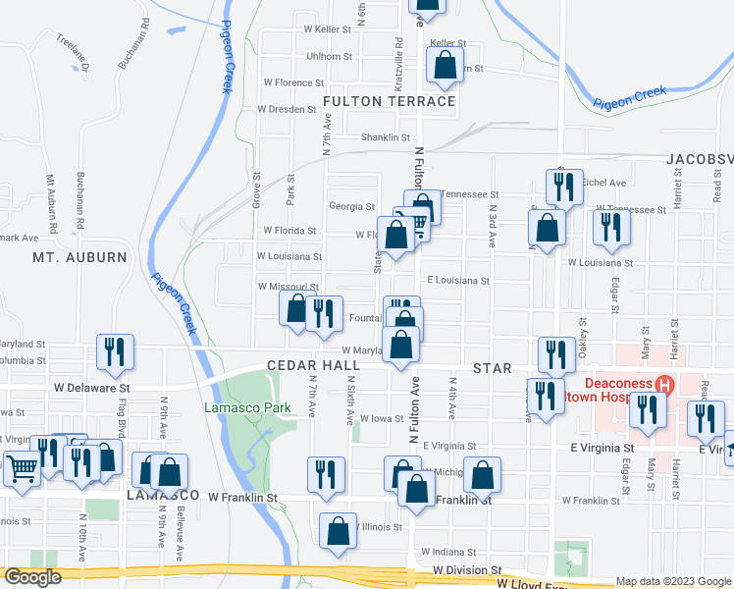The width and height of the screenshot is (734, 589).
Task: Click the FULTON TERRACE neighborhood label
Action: tap(390, 101)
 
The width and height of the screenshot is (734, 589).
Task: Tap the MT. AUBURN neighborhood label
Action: tap(80, 257)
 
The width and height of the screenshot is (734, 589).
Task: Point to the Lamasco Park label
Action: tap(234, 407)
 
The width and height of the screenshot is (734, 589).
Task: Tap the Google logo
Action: tap(32, 577)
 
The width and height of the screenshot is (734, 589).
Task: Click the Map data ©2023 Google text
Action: tap(673, 582)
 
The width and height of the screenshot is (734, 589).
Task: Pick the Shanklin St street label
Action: tap(385, 137)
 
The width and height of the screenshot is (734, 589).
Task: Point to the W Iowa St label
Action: tap(382, 418)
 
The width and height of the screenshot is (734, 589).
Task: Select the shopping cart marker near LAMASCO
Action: tap(22, 466)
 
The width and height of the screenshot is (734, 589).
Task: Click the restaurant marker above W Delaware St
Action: tap(116, 350)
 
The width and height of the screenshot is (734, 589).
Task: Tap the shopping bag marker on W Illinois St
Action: tap(339, 530)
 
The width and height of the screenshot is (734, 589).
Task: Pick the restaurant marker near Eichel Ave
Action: tap(562, 185)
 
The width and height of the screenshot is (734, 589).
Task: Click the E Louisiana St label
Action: tap(457, 280)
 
